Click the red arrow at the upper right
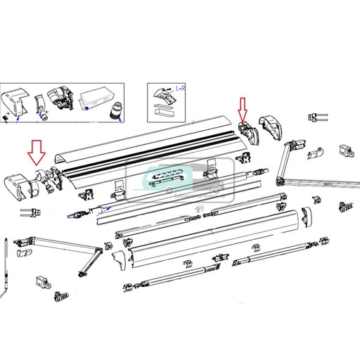coord(243,109)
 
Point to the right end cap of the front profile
coord(306,219)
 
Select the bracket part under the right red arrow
coord(246,131)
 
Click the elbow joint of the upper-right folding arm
coord(288,150)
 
